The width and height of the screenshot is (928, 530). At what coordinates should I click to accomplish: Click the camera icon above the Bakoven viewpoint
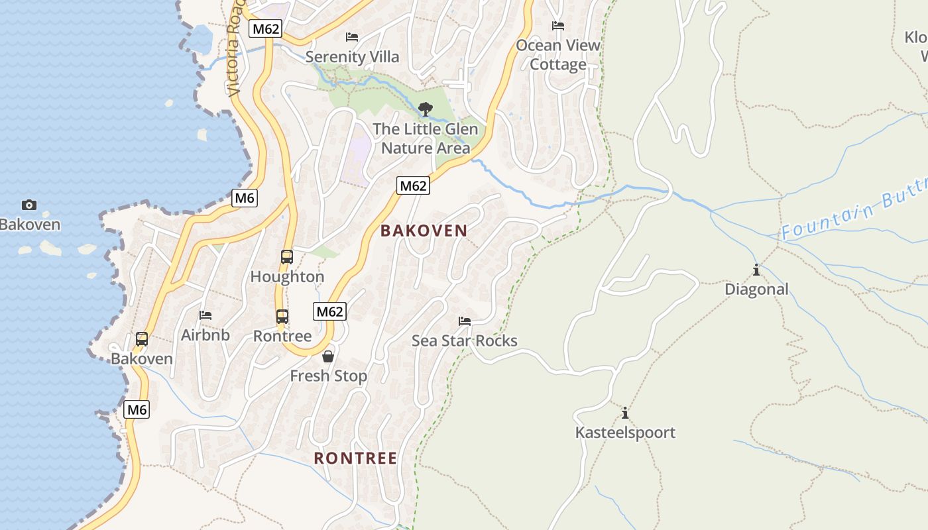(29, 205)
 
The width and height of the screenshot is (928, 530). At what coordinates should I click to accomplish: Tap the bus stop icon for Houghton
(287, 257)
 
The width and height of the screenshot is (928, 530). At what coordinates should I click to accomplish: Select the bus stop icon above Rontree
(282, 317)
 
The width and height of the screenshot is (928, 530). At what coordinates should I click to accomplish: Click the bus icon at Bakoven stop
(142, 339)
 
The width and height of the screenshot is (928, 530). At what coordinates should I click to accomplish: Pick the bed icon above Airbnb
(205, 315)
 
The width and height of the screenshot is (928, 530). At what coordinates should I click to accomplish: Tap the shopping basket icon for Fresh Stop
(328, 357)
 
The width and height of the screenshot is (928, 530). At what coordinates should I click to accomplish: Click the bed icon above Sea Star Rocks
(465, 321)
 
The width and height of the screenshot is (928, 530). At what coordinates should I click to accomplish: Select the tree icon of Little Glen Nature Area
(426, 109)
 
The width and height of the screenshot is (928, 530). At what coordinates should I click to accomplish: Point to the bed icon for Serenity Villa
(352, 37)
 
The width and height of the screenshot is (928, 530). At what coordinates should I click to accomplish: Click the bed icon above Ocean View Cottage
(558, 26)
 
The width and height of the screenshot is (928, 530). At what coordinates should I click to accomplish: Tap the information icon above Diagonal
(756, 270)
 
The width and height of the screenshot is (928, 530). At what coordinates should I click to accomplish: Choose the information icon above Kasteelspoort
(625, 413)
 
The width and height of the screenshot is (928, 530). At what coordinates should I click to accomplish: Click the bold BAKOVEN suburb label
(424, 231)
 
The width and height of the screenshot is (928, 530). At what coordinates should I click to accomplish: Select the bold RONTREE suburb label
(355, 458)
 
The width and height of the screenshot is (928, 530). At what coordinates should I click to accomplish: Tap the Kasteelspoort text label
(625, 433)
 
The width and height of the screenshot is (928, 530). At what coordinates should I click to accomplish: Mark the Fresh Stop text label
(328, 376)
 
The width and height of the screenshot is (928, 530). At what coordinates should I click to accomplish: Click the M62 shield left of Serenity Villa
(266, 28)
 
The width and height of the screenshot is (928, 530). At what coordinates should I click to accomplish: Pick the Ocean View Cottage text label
(558, 55)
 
